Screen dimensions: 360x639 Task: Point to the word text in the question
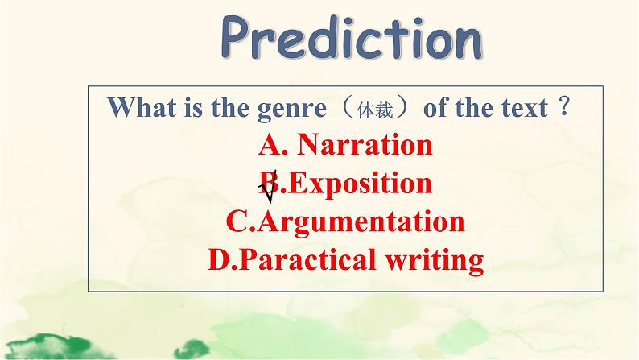coord(521,108)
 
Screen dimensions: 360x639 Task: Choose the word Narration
coord(365,146)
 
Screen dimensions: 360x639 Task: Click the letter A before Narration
coord(270,146)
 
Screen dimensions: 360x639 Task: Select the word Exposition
coord(359,184)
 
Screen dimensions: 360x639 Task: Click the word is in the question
coord(181,108)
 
